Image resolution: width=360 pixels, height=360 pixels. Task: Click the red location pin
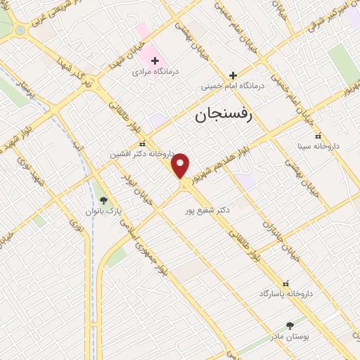[181, 165]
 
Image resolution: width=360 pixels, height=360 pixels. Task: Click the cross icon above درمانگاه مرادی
[155, 60]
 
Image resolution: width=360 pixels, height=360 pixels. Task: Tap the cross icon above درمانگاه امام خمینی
[233, 75]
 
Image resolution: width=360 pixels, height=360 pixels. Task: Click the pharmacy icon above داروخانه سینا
[317, 136]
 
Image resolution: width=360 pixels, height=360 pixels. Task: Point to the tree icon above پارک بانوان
[103, 200]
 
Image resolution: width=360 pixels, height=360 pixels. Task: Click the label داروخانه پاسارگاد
[285, 292]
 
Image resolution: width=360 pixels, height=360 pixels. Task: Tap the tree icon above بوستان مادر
[289, 326]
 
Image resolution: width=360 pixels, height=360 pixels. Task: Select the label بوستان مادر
[289, 337]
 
